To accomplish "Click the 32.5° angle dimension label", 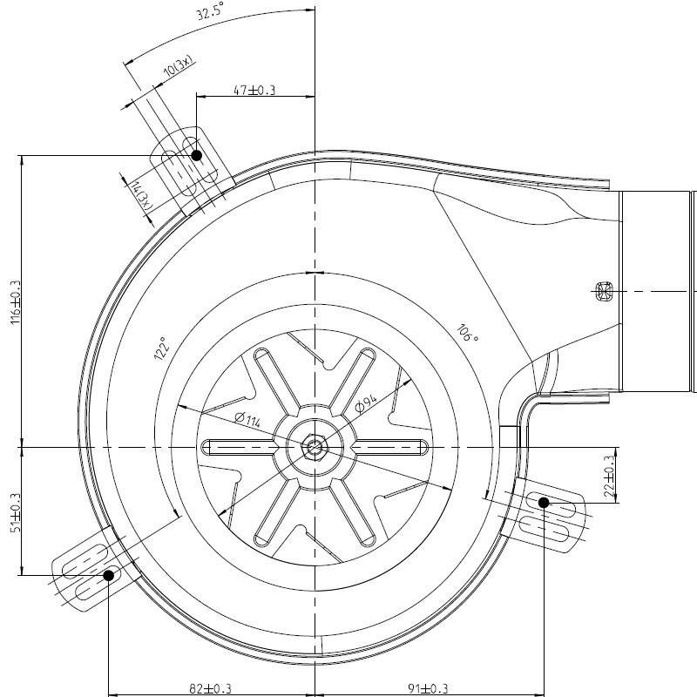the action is [x=210, y=10].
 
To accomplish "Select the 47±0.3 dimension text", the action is [x=254, y=91].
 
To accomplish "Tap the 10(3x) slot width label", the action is [x=179, y=66].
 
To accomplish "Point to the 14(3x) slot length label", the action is [x=143, y=195].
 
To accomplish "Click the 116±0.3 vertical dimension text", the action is [x=16, y=302].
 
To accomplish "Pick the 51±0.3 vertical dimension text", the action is [x=16, y=512].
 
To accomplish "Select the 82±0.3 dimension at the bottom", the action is [x=210, y=688].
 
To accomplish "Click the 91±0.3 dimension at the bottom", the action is [x=428, y=688].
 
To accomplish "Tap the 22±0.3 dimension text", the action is [x=610, y=476].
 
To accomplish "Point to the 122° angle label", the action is [x=162, y=348].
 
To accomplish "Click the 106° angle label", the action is [x=467, y=334].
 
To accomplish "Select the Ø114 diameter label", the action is [x=247, y=420].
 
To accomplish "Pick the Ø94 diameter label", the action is [x=366, y=403].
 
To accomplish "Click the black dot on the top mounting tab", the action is [x=197, y=156].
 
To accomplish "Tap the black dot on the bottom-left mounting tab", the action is [x=108, y=575].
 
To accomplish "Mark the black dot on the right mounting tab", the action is [x=544, y=503].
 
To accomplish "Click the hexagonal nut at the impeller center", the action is [x=315, y=446].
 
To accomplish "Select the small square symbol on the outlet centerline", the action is [x=604, y=292].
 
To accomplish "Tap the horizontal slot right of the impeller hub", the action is [x=391, y=447].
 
